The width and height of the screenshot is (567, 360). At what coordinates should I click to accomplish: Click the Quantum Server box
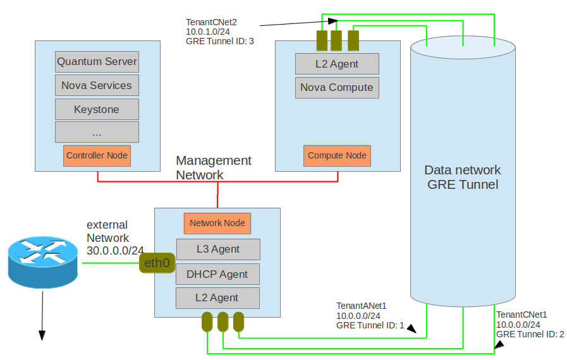[x=97, y=62]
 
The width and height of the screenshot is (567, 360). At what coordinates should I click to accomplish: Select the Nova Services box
[x=97, y=85]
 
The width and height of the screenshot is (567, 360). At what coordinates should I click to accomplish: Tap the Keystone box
[x=97, y=109]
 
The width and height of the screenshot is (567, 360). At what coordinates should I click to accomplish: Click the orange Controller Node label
[x=97, y=155]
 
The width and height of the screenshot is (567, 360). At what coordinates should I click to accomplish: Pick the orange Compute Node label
[x=337, y=155]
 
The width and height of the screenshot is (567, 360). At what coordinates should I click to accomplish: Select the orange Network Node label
[x=218, y=223]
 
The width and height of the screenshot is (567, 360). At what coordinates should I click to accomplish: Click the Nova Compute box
[x=337, y=88]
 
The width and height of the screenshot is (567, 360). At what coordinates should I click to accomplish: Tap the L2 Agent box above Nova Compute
[x=337, y=64]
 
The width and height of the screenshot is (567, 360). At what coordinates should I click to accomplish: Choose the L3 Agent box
[x=218, y=249]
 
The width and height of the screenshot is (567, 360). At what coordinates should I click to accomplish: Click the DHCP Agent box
[x=218, y=274]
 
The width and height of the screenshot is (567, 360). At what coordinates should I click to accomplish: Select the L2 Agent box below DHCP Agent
[x=218, y=297]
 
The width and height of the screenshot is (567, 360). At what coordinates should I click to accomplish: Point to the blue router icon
[x=43, y=260]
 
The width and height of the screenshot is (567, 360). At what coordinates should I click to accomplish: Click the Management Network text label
[x=213, y=167]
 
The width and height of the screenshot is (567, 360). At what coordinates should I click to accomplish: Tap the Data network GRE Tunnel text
[x=462, y=177]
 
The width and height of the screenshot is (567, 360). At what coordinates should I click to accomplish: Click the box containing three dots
[x=97, y=132]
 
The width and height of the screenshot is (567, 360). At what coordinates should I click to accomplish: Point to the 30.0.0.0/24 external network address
[x=115, y=250]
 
